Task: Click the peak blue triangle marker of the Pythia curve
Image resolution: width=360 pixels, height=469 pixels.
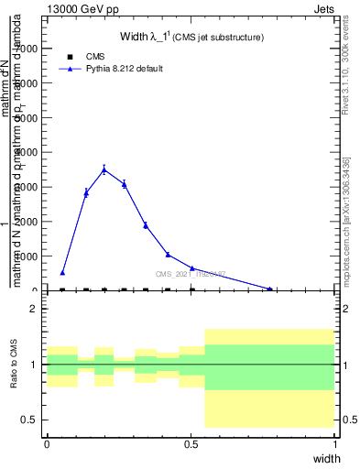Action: [x=104, y=169]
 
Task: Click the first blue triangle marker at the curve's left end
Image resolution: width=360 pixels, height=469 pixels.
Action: [x=62, y=272]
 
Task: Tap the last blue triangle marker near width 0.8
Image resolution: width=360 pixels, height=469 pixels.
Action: [x=269, y=289]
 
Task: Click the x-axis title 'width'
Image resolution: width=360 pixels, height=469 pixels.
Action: [x=326, y=457]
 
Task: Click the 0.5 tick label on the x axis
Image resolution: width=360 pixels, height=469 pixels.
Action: [x=191, y=443]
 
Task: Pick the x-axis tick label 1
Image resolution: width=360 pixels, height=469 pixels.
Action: [x=335, y=443]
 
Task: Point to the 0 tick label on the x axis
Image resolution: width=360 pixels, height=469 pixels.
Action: [x=47, y=443]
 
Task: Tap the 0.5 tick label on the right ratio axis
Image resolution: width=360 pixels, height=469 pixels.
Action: [x=349, y=420]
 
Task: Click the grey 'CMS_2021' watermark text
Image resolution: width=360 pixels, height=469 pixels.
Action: [x=190, y=274]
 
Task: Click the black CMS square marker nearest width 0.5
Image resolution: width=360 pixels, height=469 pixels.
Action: [x=191, y=289]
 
